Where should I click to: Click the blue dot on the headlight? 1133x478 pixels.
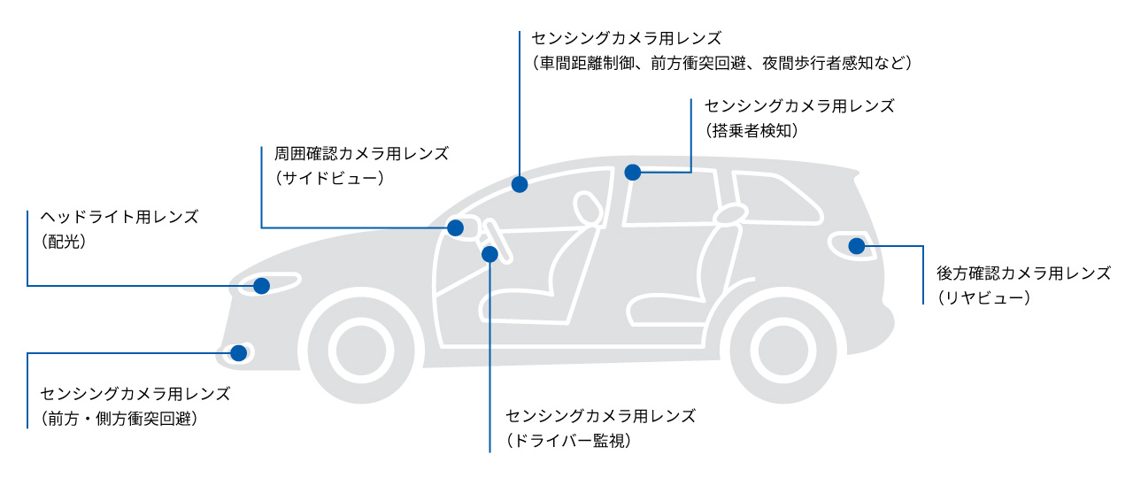(261, 286)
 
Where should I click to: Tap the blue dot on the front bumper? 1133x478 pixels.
(238, 353)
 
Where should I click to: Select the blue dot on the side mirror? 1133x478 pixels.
(455, 227)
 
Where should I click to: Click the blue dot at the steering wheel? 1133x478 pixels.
(489, 255)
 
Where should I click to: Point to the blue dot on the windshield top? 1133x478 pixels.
(520, 184)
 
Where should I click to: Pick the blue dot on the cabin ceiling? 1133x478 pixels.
(632, 172)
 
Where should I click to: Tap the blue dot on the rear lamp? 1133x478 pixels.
(856, 246)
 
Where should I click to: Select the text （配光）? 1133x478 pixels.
(64, 240)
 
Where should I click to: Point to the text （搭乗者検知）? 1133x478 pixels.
(754, 130)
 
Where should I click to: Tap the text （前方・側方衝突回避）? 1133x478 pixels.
(119, 418)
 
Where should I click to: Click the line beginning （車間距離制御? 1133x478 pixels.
(721, 63)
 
